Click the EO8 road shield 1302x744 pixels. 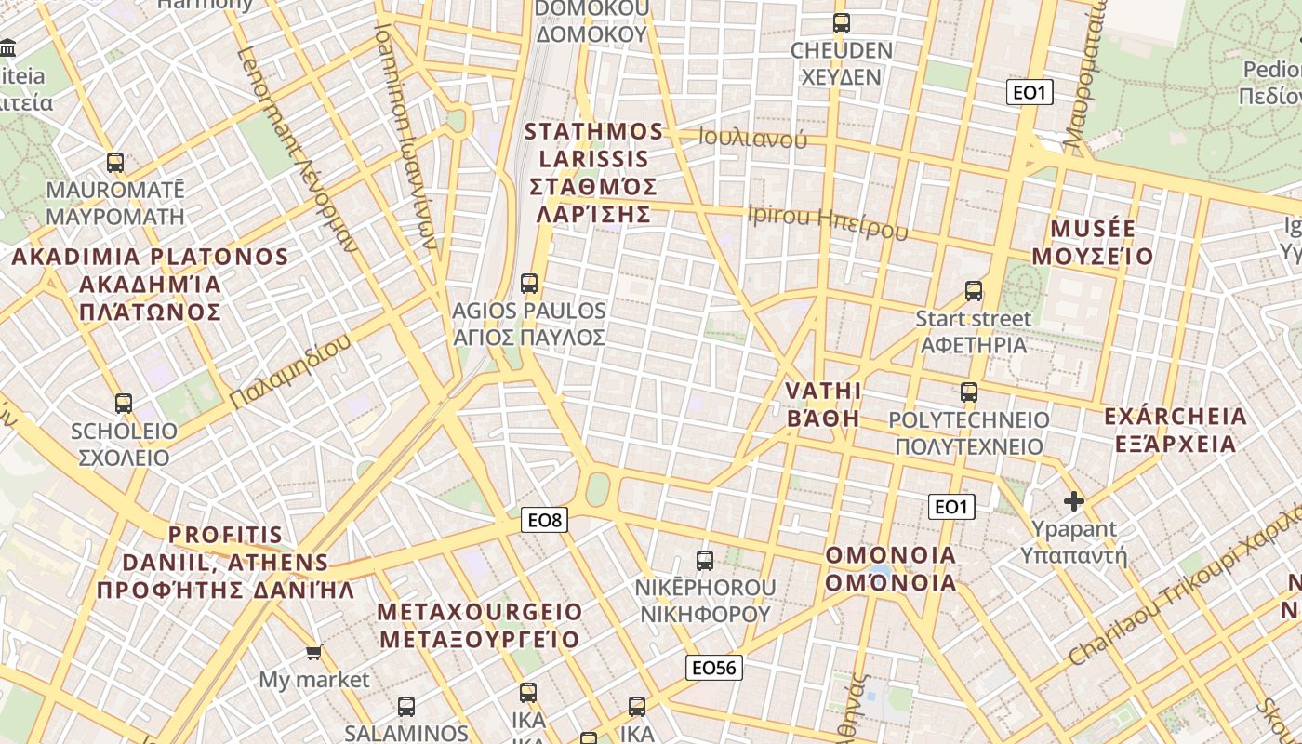[544, 520]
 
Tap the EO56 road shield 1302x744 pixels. [714, 667]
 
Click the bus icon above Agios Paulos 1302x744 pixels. [529, 283]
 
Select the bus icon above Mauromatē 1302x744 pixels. [115, 163]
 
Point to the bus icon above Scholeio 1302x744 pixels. [124, 404]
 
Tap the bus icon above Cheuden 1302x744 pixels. [842, 23]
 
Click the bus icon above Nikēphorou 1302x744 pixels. [705, 560]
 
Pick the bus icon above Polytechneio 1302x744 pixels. [969, 392]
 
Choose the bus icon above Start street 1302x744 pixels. [974, 291]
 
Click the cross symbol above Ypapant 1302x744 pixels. [1074, 502]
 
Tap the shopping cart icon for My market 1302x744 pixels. [314, 653]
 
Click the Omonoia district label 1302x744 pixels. [891, 569]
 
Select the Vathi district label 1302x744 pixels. [823, 404]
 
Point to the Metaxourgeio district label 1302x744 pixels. [480, 625]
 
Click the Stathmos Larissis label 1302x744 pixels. [593, 172]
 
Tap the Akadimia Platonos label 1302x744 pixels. [150, 284]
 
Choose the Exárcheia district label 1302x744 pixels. [1176, 430]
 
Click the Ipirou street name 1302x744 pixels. [827, 221]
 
